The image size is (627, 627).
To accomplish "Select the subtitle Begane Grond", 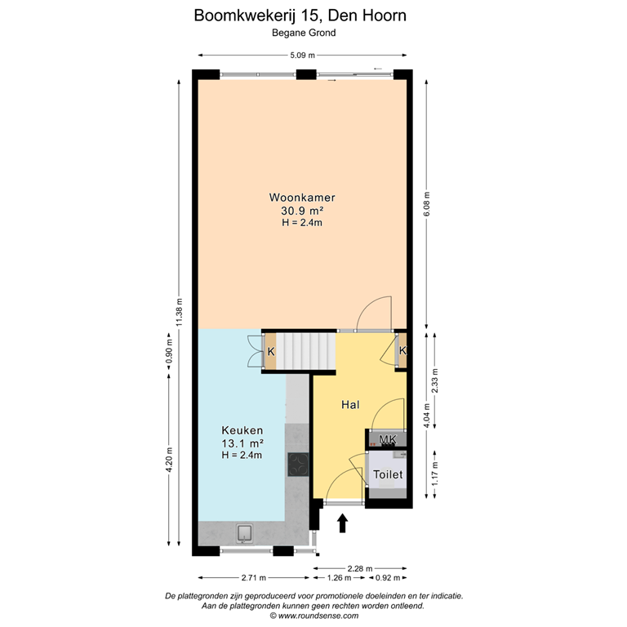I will pyautogui.click(x=304, y=33).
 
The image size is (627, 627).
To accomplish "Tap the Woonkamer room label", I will pyautogui.click(x=302, y=198).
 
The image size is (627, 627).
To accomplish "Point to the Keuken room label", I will pyautogui.click(x=242, y=430).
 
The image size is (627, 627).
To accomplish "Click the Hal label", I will pyautogui.click(x=350, y=404).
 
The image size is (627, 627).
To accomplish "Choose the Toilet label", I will pyautogui.click(x=388, y=474).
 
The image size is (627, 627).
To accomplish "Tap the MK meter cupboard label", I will pyautogui.click(x=388, y=439).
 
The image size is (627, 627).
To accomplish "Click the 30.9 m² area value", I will pyautogui.click(x=302, y=211).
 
